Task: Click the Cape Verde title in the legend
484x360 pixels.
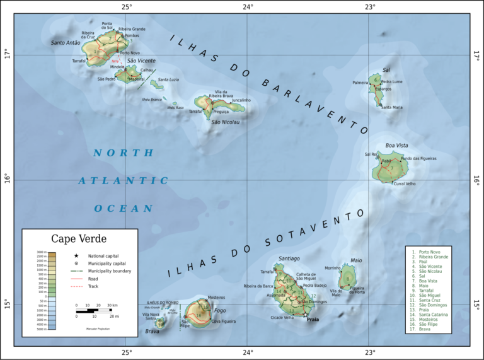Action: (79, 239)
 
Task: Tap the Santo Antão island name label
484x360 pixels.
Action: (66, 43)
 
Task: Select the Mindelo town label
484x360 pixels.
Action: (117, 67)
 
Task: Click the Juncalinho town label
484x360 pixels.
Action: (241, 100)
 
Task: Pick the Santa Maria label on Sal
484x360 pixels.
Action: (391, 108)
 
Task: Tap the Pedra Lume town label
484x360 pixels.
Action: (391, 82)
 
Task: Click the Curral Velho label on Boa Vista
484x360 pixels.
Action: (405, 184)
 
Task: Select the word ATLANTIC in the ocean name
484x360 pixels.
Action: (124, 181)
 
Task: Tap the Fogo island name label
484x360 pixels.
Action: (220, 310)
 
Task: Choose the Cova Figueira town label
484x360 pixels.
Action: (223, 322)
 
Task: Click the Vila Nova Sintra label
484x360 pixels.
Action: (151, 317)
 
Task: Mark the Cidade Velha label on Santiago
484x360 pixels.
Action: (283, 318)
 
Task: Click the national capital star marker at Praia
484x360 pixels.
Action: (306, 315)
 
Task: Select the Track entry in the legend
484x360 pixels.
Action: (95, 286)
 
